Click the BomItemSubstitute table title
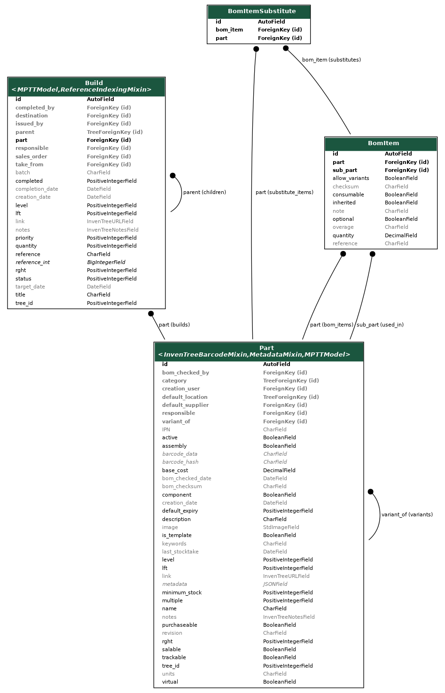coord(262,11)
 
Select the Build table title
coord(94,83)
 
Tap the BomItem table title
coord(383,143)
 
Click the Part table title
coord(266,348)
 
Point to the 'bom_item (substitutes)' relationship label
coord(331,60)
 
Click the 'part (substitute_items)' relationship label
coord(284,192)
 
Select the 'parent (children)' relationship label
coord(204,192)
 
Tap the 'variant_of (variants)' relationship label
coord(407,515)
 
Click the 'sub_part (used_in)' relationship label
coord(380,325)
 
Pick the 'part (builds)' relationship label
coord(174,325)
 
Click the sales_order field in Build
coord(31,156)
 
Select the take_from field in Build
coord(29,164)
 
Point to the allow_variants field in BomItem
coord(351,179)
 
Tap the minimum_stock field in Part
coord(182,592)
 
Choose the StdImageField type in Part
coord(281,527)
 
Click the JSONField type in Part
coord(275,584)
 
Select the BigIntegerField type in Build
coord(106,262)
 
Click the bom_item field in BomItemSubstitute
coord(229,30)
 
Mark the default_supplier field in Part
coord(186,405)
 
